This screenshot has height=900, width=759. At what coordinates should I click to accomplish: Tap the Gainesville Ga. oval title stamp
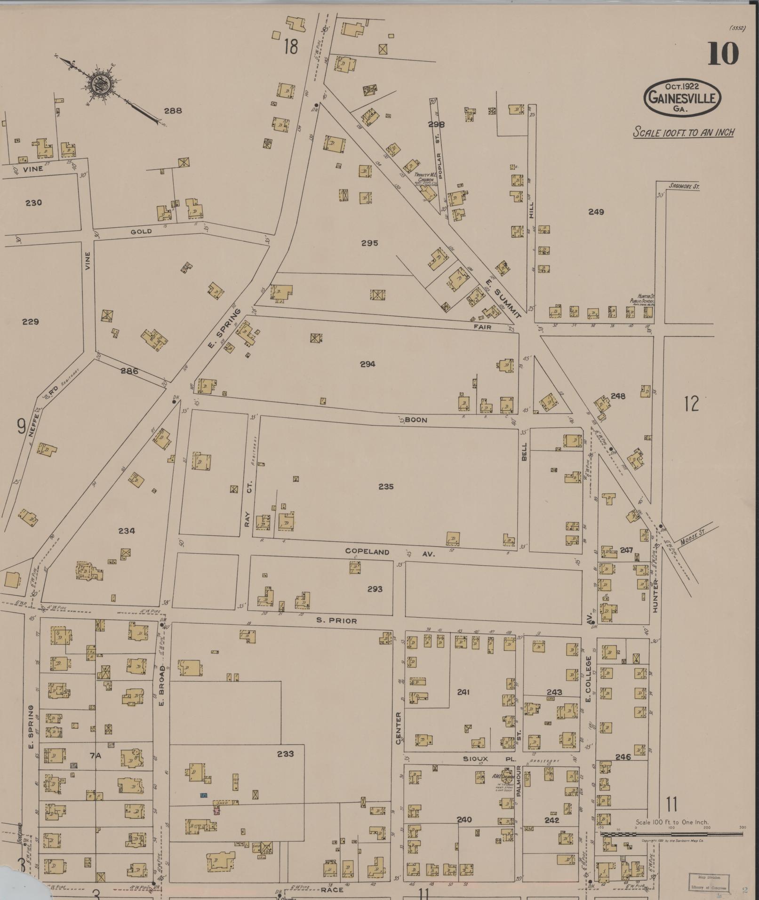682,97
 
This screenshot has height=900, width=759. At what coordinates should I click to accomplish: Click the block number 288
173,111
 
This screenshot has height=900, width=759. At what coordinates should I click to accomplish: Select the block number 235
386,486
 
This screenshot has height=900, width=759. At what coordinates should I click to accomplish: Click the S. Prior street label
336,621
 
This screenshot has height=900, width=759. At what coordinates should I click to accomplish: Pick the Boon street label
416,420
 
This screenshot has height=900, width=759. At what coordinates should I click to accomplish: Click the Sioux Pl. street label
482,759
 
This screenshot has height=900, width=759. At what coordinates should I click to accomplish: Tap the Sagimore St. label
684,187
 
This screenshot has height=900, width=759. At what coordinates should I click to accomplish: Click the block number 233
285,754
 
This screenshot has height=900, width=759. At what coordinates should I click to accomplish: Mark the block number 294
368,364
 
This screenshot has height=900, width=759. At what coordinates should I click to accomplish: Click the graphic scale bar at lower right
672,834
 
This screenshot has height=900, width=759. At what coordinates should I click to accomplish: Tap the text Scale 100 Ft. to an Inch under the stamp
683,132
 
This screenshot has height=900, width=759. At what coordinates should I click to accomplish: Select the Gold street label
141,231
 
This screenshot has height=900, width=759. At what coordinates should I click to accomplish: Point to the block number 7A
96,756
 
